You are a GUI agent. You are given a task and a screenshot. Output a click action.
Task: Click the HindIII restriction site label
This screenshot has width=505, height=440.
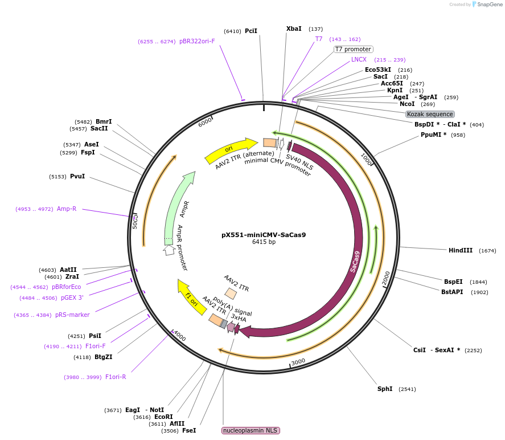click(461, 250)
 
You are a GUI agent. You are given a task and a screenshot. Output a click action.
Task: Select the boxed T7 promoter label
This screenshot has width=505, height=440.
click(353, 49)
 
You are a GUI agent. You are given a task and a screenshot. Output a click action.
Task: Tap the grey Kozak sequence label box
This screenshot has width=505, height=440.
click(430, 114)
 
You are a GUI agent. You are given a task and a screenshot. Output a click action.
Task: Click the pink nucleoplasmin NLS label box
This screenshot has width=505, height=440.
click(251, 430)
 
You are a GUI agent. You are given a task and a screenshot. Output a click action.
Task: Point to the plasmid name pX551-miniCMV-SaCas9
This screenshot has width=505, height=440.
click(264, 234)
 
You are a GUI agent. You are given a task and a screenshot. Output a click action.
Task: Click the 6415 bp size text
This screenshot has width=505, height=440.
click(264, 242)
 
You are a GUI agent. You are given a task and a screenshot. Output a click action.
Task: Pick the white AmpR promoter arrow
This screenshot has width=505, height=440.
click(169, 250)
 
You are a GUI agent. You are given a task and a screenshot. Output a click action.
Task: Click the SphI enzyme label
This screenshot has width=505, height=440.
click(385, 389)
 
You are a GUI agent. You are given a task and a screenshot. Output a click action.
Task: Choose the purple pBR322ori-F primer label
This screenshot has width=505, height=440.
click(197, 41)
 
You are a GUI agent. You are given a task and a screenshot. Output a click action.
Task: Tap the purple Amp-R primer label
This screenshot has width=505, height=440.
click(66, 209)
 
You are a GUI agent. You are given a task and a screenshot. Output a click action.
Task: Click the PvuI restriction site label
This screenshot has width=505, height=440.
click(77, 177)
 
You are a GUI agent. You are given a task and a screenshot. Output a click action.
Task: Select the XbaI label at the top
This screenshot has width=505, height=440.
click(294, 28)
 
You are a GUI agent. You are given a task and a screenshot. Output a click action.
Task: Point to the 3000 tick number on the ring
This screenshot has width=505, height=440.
click(298, 362)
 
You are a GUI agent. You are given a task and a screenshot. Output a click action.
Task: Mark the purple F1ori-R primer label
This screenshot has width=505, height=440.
click(116, 377)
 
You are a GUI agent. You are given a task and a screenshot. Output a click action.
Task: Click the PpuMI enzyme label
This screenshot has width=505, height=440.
click(434, 135)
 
